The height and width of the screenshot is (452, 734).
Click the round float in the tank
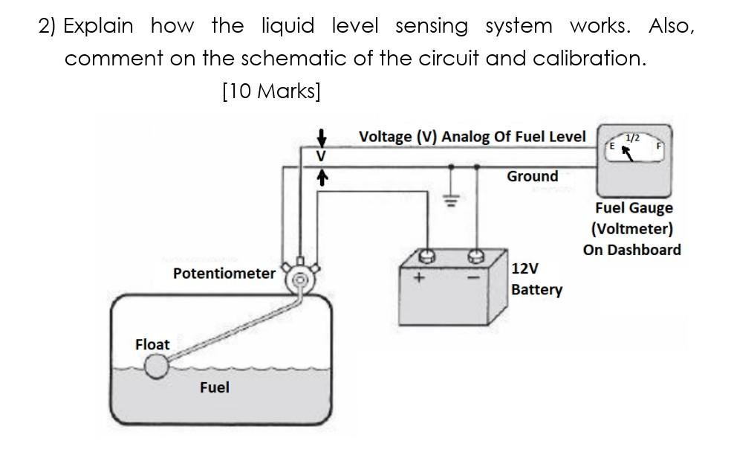[x=156, y=366]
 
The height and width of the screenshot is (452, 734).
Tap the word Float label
[x=152, y=344]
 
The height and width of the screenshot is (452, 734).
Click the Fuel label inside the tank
[x=214, y=387]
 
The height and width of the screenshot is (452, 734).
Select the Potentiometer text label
[x=224, y=273]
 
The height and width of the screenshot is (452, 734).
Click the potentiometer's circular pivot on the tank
[x=300, y=280]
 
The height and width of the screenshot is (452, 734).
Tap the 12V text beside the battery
[x=525, y=268]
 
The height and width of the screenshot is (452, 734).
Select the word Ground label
[x=532, y=176]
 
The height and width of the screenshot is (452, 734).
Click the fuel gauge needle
[x=628, y=153]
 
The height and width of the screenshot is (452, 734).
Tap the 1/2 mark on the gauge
[x=632, y=138]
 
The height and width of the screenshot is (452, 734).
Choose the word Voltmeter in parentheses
[x=632, y=228]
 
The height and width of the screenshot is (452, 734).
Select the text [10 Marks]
[x=271, y=91]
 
